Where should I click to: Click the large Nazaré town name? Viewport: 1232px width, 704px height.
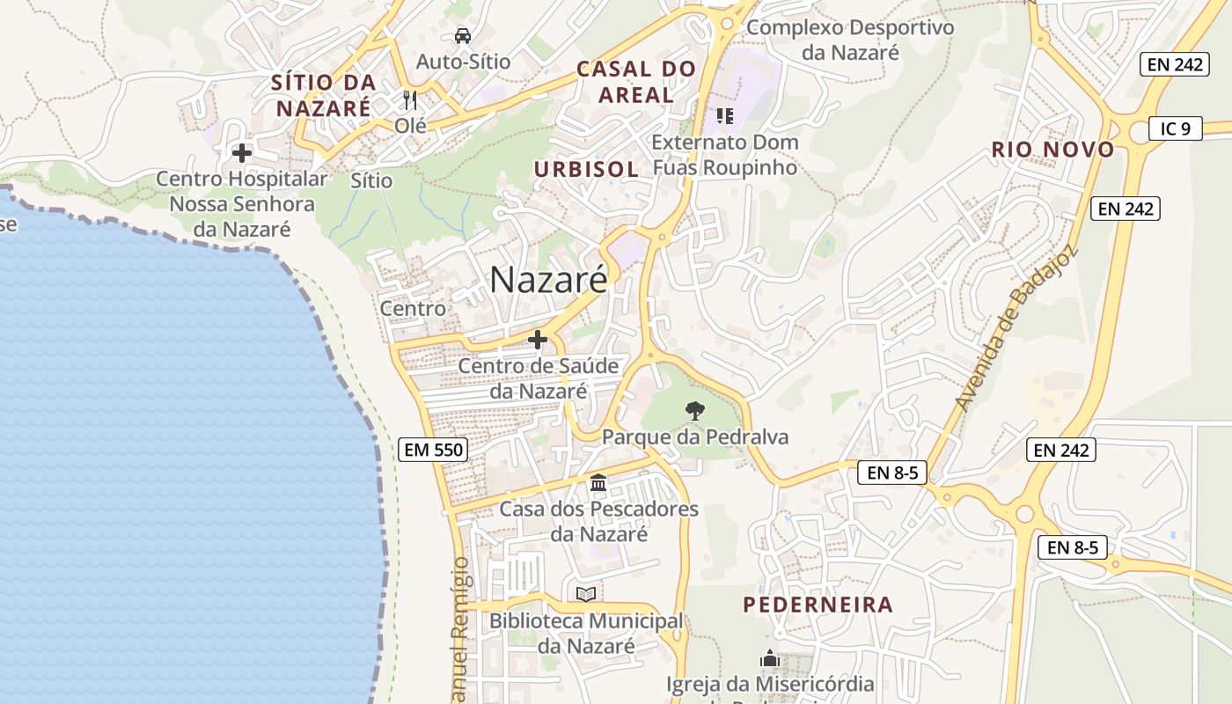click(548, 280)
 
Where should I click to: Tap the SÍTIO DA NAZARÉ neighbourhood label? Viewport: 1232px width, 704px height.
click(324, 95)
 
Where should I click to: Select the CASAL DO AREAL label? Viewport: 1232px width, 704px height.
click(636, 82)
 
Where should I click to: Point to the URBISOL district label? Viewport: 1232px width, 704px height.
click(586, 169)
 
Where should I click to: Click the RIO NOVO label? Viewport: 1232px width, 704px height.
click(1052, 150)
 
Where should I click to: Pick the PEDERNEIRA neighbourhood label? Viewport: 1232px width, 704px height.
click(818, 605)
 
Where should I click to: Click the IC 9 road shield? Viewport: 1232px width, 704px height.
click(1175, 129)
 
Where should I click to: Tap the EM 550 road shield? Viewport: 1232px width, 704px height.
click(432, 450)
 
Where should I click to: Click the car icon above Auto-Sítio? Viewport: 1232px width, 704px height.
click(463, 36)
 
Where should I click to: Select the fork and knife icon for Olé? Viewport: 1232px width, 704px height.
click(409, 99)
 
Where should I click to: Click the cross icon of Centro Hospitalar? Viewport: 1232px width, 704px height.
click(241, 153)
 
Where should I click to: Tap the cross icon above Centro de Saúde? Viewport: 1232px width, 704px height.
click(537, 340)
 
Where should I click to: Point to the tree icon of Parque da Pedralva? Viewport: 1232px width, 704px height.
click(694, 410)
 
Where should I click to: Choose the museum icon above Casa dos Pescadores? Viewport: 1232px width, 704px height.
click(598, 482)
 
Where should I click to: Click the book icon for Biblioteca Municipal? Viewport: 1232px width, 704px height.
click(585, 594)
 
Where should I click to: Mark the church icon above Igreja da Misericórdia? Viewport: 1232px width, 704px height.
click(770, 658)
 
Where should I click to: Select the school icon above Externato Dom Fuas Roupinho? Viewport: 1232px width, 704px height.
click(724, 115)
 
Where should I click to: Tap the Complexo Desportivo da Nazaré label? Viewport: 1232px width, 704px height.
click(850, 40)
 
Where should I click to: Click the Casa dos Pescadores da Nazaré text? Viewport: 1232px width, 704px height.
click(598, 521)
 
